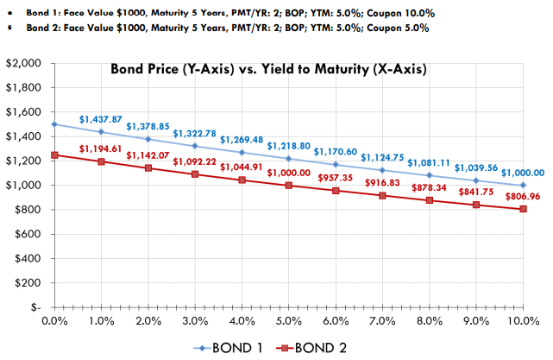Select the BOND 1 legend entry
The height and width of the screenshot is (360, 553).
pyautogui.click(x=229, y=347)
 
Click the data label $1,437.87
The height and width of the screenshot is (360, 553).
pyautogui.click(x=101, y=118)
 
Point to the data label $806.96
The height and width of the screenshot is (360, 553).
pyautogui.click(x=522, y=196)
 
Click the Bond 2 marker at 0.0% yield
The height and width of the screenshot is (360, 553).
pyautogui.click(x=55, y=155)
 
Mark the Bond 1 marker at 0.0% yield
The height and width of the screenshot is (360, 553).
pyautogui.click(x=55, y=124)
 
